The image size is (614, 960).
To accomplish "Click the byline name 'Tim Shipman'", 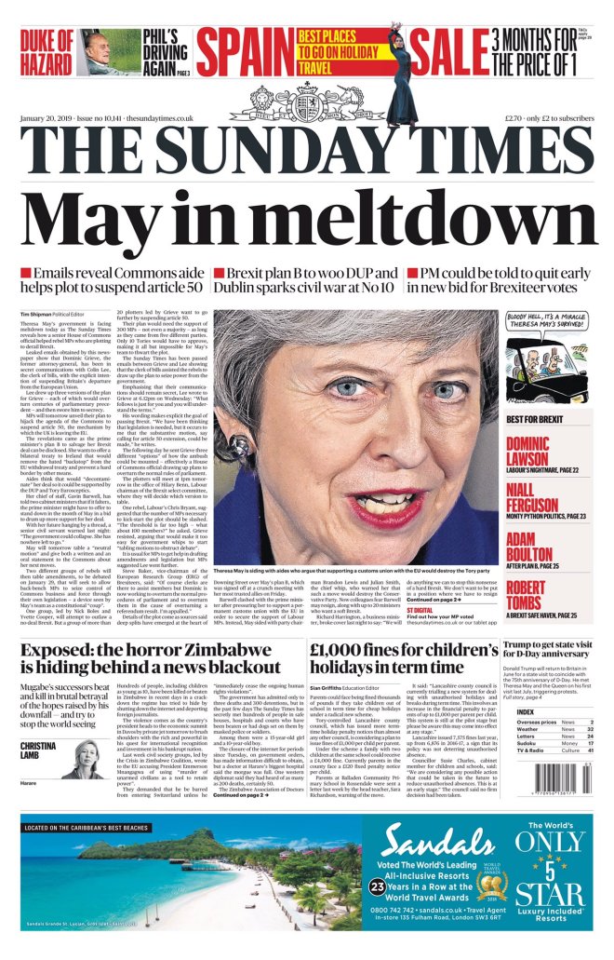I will tap(40, 315).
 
